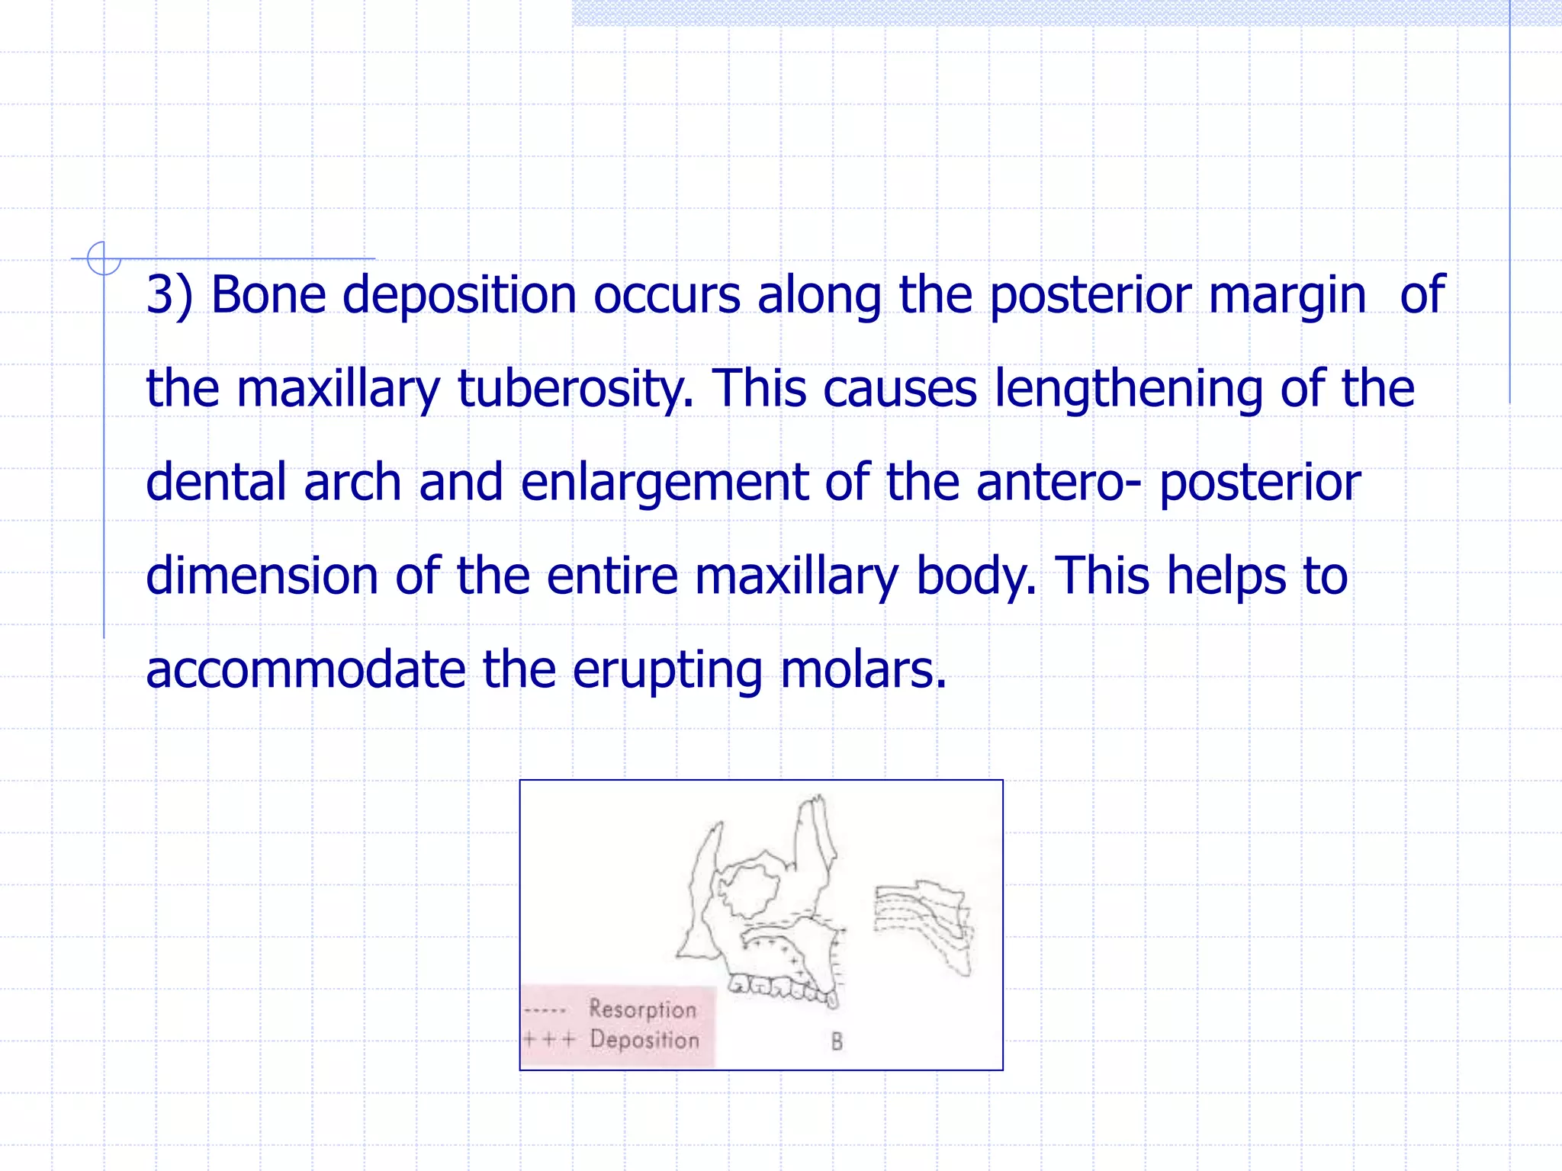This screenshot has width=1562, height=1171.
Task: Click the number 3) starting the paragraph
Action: (169, 295)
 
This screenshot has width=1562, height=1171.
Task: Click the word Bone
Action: (268, 295)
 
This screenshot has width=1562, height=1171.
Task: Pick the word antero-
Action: (1059, 483)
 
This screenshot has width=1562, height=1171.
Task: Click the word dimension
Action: (261, 576)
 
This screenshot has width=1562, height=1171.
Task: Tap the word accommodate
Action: (305, 669)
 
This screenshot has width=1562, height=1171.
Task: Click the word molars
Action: (863, 669)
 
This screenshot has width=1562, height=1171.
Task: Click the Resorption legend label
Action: (643, 1009)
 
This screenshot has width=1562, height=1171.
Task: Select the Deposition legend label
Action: (644, 1040)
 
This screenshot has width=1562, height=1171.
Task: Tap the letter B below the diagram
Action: (837, 1042)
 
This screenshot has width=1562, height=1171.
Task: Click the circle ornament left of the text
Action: (104, 258)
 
